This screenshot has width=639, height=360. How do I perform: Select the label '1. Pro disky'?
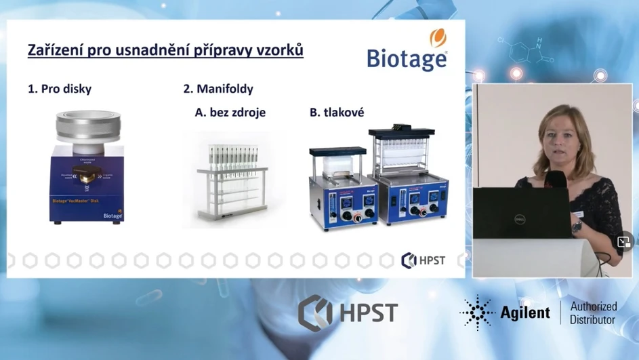(60, 89)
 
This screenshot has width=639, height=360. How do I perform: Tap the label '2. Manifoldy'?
(218, 89)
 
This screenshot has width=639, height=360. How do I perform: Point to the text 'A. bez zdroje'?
(230, 113)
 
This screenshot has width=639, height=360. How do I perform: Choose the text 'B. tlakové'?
(337, 113)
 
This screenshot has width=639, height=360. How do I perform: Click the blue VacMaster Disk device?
(87, 183)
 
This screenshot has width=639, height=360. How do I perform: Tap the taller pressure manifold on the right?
(408, 176)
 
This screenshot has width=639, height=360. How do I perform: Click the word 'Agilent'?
(524, 313)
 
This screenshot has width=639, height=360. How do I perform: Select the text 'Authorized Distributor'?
(592, 313)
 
